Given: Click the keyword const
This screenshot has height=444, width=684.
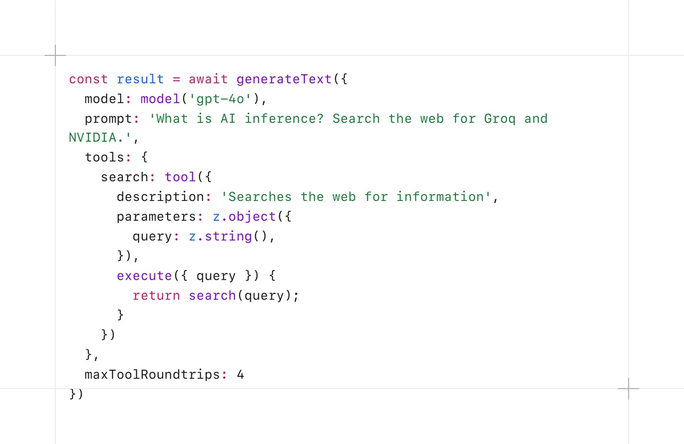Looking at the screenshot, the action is point(88,79).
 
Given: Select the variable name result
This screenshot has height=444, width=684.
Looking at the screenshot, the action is point(140,79).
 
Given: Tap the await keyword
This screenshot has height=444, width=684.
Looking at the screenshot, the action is point(208,79).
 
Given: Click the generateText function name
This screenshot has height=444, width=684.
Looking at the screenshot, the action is point(284,79).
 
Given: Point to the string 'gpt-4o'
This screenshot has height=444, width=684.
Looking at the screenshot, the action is point(220,99).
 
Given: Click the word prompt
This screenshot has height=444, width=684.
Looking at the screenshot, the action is point(108,119).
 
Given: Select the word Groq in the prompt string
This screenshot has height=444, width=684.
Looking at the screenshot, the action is point(500,119).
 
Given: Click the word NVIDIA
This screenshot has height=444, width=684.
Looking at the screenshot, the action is point(92,138).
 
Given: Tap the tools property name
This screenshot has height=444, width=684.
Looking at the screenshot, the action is point(104,158).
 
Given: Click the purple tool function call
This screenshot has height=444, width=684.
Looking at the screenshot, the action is point(180,177).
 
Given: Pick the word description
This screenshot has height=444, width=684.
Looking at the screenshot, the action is point(160,197).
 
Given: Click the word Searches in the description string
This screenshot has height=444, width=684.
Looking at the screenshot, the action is point(260,197).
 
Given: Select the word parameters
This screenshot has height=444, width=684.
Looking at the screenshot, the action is point(156,217).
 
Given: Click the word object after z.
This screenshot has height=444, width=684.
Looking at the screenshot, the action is point(252,217).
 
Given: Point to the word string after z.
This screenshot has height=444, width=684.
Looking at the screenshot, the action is point(228,237).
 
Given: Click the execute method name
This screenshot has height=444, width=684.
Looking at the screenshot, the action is point(144,276).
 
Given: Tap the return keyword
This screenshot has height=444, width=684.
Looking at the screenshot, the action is point(156,296).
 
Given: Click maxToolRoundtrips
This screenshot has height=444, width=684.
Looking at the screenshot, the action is point(152,374).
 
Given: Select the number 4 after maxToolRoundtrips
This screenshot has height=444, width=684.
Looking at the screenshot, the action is point(241,374).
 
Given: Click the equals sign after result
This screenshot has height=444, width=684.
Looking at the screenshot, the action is point(176,79).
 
